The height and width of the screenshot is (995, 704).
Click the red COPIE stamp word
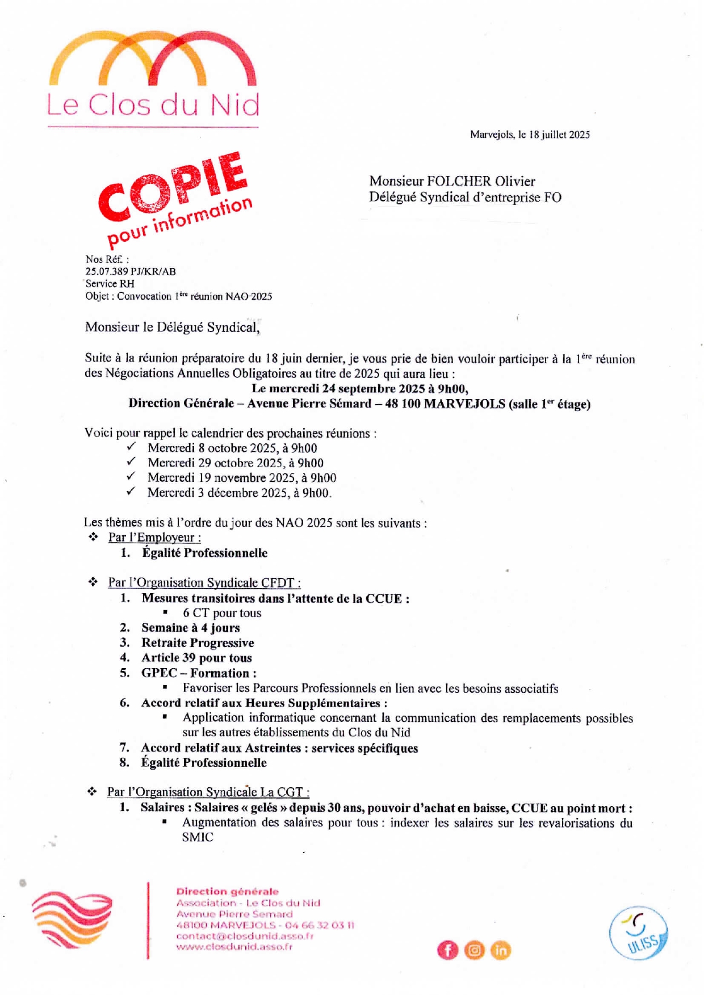[x=173, y=187]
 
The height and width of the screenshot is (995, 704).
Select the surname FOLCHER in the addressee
[x=459, y=181]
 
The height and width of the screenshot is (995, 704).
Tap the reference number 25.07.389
[x=107, y=271]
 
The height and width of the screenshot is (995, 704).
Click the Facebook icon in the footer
[x=447, y=950]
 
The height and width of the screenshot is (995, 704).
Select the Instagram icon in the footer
[x=474, y=950]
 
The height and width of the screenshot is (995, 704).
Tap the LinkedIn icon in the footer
[x=500, y=950]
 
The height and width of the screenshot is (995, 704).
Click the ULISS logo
[x=638, y=933]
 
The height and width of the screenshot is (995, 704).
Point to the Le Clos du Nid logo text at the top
[x=153, y=105]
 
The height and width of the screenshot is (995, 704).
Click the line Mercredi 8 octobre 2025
[x=232, y=448]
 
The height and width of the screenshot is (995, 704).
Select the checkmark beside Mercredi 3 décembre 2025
[x=131, y=492]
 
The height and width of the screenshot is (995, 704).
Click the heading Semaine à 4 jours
[x=191, y=628]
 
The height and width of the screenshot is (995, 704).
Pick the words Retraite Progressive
[x=198, y=643]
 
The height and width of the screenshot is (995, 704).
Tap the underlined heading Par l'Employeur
[x=154, y=538]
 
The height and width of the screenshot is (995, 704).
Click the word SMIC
[x=198, y=837]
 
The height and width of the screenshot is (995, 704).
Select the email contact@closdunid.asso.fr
[x=245, y=936]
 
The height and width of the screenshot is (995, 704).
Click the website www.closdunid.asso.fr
[x=234, y=947]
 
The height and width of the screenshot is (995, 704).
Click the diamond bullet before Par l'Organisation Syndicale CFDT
[x=93, y=582]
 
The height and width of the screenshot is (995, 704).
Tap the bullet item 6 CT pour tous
[x=222, y=613]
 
